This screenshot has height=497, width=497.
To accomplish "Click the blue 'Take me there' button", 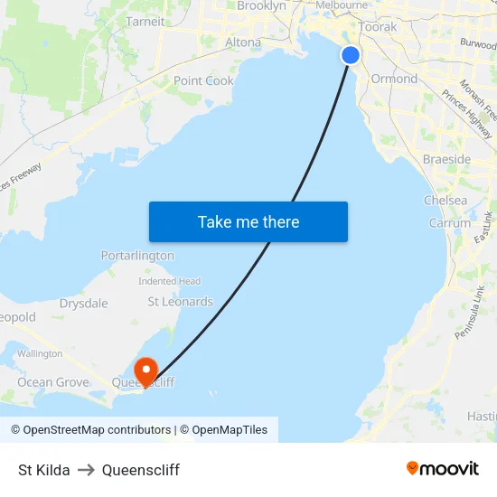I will click(248, 221).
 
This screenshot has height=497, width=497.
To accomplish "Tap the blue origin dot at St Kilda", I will click(351, 55).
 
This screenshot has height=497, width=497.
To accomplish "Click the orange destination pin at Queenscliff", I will click(145, 370).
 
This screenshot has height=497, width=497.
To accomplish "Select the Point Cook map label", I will click(203, 80).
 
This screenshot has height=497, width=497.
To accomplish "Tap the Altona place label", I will click(242, 42).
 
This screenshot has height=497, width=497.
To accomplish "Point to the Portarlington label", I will click(137, 256).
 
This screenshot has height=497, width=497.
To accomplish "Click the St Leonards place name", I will click(181, 301).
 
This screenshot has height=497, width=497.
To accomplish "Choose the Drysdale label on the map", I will click(83, 304).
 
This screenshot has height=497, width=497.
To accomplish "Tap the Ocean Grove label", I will click(53, 382).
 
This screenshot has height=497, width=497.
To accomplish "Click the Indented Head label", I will click(169, 281).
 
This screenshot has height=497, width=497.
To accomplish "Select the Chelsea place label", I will click(445, 200).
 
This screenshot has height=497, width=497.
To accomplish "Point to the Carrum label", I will click(450, 222).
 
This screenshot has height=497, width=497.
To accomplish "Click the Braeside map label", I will click(446, 159).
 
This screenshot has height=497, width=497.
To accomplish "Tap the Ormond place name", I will click(394, 79).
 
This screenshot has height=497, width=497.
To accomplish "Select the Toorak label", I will click(378, 27).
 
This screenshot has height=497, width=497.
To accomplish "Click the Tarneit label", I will click(145, 22).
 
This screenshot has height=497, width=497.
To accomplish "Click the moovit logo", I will click(443, 469).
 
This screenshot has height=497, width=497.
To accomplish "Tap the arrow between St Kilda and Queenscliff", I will click(86, 470).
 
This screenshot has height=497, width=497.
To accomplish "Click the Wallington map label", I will click(40, 353).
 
